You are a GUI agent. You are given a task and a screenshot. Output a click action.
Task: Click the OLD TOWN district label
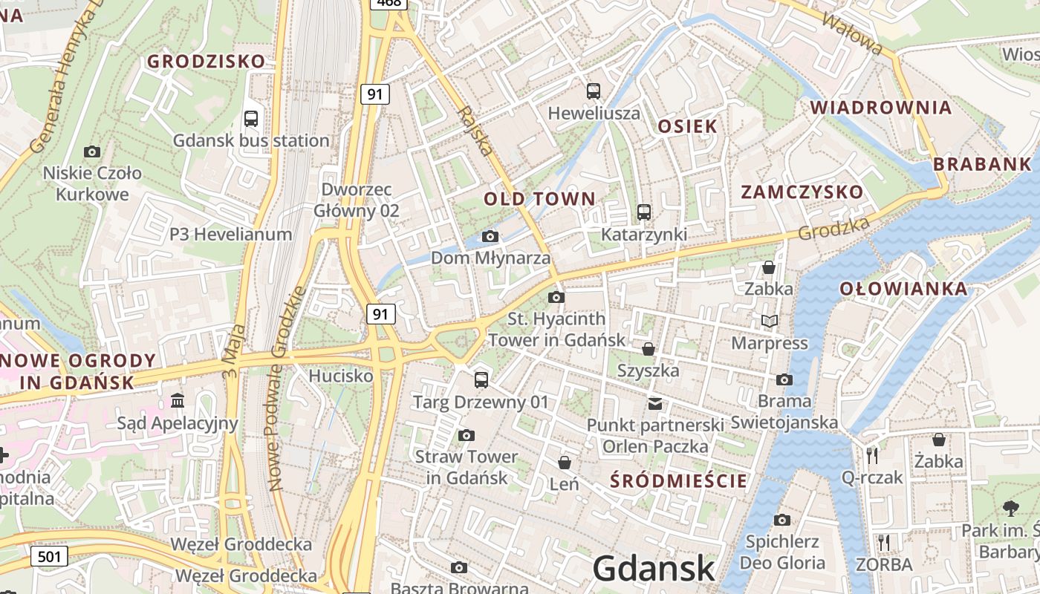(539, 199)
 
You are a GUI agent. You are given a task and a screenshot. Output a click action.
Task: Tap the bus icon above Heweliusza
(593, 91)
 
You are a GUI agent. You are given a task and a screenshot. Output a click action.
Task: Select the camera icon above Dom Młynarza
(490, 236)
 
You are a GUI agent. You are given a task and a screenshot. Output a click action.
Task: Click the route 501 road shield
(50, 555)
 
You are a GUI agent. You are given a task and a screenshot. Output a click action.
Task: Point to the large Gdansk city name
(654, 569)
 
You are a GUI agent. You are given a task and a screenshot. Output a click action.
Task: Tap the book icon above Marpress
(770, 321)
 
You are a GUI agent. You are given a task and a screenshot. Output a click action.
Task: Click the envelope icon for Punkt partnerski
(654, 404)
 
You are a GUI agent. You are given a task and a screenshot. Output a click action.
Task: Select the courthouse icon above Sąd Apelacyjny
(178, 401)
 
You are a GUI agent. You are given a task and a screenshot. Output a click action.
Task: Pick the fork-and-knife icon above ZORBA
(883, 543)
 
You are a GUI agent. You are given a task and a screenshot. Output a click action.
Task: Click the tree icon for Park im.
(1010, 509)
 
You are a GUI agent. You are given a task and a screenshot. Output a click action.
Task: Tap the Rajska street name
(475, 131)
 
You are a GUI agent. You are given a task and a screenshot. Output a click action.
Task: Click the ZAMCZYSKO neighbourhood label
(802, 192)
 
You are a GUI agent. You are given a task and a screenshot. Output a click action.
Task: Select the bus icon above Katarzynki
(643, 212)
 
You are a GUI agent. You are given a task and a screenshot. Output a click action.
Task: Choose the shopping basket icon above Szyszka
(649, 348)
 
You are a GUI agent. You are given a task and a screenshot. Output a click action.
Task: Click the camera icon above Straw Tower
(467, 435)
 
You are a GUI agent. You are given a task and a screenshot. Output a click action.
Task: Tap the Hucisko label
(341, 376)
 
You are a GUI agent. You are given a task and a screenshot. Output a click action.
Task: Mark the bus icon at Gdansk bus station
(251, 118)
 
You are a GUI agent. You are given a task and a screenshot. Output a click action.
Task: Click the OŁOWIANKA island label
(903, 289)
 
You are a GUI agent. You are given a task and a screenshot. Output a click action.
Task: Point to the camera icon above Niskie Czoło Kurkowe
(92, 152)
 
